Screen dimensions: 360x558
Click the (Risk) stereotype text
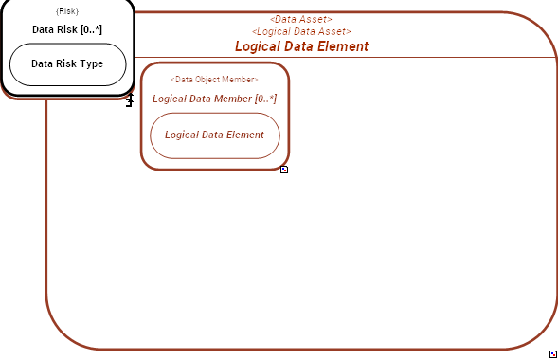pyautogui.click(x=67, y=11)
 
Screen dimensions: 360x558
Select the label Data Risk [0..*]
pyautogui.click(x=67, y=29)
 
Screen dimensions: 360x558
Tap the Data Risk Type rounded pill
pyautogui.click(x=67, y=64)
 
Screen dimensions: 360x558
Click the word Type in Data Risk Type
pyautogui.click(x=92, y=64)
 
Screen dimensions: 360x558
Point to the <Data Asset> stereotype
pyautogui.click(x=301, y=19)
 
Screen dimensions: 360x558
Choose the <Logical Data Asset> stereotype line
pyautogui.click(x=301, y=32)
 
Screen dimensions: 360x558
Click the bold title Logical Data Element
pyautogui.click(x=301, y=46)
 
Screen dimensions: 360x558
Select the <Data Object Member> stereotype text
pyautogui.click(x=214, y=80)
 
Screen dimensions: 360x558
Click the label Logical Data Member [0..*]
pyautogui.click(x=214, y=99)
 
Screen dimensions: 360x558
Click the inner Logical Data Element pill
pyautogui.click(x=214, y=135)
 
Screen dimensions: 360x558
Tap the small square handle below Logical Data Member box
pyautogui.click(x=284, y=170)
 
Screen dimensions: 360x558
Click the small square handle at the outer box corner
pyautogui.click(x=552, y=353)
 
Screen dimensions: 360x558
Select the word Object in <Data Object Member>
pyautogui.click(x=213, y=80)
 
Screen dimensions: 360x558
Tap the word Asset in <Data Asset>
pyautogui.click(x=316, y=19)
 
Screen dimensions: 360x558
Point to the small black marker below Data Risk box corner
pyautogui.click(x=130, y=100)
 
